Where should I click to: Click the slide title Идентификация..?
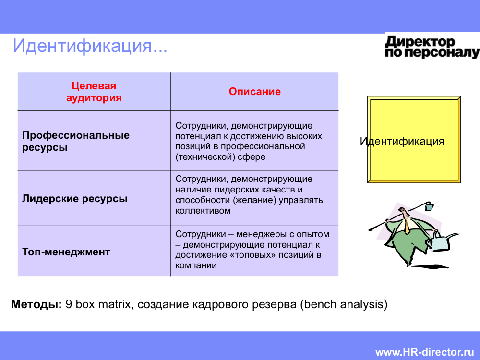(90, 46)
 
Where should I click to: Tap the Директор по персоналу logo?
(432, 47)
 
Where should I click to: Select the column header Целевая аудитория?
(94, 92)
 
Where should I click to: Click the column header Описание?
(255, 91)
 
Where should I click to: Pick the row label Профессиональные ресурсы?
(76, 141)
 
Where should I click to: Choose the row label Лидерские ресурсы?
(75, 199)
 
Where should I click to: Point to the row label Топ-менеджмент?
(66, 252)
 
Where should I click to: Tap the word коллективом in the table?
(203, 211)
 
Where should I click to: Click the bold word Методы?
(36, 304)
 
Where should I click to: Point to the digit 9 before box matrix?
(69, 304)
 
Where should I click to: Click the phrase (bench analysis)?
(344, 304)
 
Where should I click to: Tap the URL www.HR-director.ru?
(425, 352)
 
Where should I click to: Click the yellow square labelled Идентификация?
(414, 140)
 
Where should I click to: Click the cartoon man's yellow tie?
(407, 226)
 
